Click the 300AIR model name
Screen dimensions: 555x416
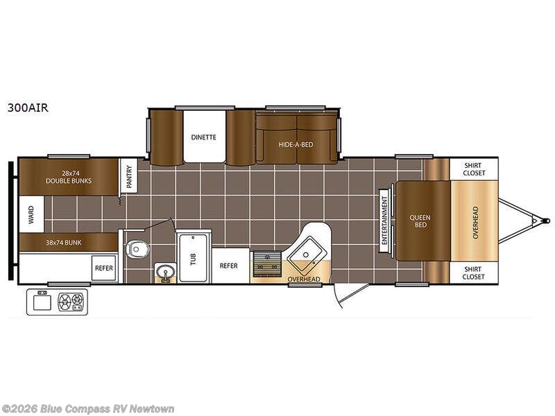click(28, 107)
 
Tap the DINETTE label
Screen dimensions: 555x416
click(203, 137)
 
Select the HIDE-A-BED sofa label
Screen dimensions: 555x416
click(296, 144)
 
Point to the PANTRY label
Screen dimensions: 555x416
click(129, 177)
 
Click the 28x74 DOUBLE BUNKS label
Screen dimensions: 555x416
click(69, 177)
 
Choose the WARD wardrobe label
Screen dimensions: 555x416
click(31, 215)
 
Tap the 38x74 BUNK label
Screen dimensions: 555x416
click(63, 243)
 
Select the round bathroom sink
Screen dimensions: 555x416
click(165, 272)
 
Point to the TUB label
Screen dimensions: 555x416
click(193, 259)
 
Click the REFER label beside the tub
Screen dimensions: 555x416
click(229, 266)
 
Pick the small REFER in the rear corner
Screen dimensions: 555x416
click(103, 268)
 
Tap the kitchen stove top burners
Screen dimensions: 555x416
click(268, 263)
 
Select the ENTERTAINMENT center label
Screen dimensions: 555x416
click(385, 220)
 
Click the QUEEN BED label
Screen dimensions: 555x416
click(420, 221)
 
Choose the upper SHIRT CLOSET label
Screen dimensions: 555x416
click(474, 169)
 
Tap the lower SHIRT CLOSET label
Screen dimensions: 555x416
click(473, 272)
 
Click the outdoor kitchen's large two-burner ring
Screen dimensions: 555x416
click(65, 302)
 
